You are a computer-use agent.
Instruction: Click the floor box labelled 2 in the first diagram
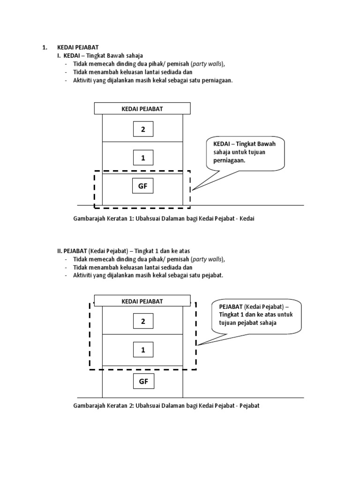143,129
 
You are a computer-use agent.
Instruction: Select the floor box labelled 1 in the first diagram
143,158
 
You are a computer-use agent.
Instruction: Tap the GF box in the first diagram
143,186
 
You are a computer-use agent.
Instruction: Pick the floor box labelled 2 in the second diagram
143,321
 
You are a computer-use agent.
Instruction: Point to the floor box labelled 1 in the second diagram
143,350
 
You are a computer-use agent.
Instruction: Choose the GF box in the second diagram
143,382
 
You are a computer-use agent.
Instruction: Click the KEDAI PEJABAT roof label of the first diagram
142,109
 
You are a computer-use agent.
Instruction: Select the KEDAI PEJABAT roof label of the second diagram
142,301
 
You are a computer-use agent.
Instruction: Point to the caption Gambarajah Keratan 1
164,218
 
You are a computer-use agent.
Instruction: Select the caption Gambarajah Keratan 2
166,405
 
